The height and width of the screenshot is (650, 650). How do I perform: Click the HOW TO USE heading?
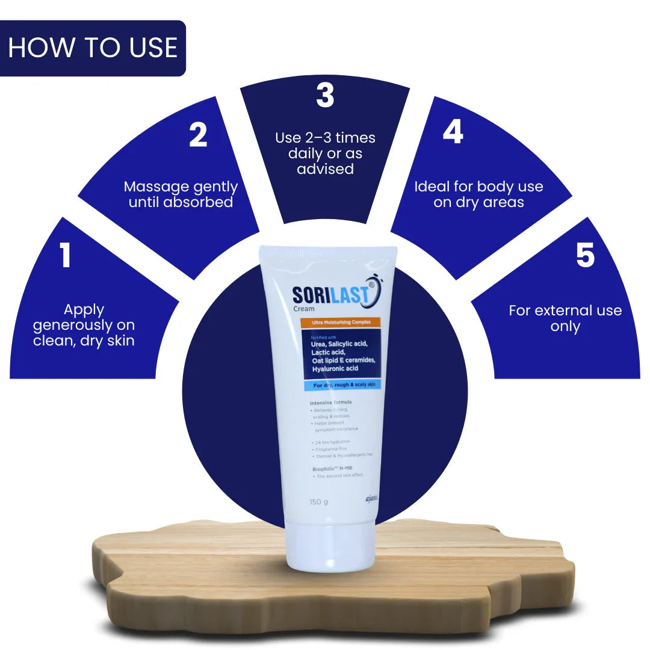click(93, 48)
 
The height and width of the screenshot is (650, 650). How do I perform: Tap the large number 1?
click(65, 255)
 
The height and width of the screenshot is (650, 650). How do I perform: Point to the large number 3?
click(325, 96)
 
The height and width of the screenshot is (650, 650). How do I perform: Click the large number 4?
click(453, 132)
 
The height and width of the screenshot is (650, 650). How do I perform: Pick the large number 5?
click(585, 255)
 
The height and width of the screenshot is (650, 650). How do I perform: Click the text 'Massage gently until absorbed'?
click(181, 194)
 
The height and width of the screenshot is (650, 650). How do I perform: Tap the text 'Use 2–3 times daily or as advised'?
click(325, 153)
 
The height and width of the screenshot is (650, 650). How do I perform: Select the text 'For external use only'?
click(565, 318)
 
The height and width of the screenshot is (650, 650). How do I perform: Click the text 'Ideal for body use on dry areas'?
click(478, 194)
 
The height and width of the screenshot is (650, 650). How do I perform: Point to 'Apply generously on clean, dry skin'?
click(84, 325)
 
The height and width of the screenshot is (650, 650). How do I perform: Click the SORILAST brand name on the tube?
click(331, 295)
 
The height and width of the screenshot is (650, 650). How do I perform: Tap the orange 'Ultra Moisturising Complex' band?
click(340, 323)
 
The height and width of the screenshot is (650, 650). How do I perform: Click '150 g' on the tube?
click(318, 502)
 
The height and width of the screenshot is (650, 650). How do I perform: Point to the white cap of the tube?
click(330, 548)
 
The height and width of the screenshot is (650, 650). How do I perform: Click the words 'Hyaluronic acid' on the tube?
click(335, 368)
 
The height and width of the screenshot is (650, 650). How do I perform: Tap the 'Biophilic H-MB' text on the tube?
click(333, 468)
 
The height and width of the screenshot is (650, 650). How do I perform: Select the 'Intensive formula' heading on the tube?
click(330, 401)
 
